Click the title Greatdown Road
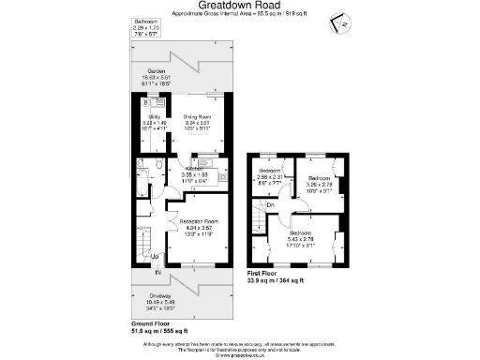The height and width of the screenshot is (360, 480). pyautogui.click(x=239, y=7)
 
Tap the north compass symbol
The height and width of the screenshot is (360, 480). pyautogui.click(x=344, y=24)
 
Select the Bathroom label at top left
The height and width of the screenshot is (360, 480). pyautogui.click(x=146, y=21)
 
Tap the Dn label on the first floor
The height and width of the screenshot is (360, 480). pyautogui.click(x=270, y=204)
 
